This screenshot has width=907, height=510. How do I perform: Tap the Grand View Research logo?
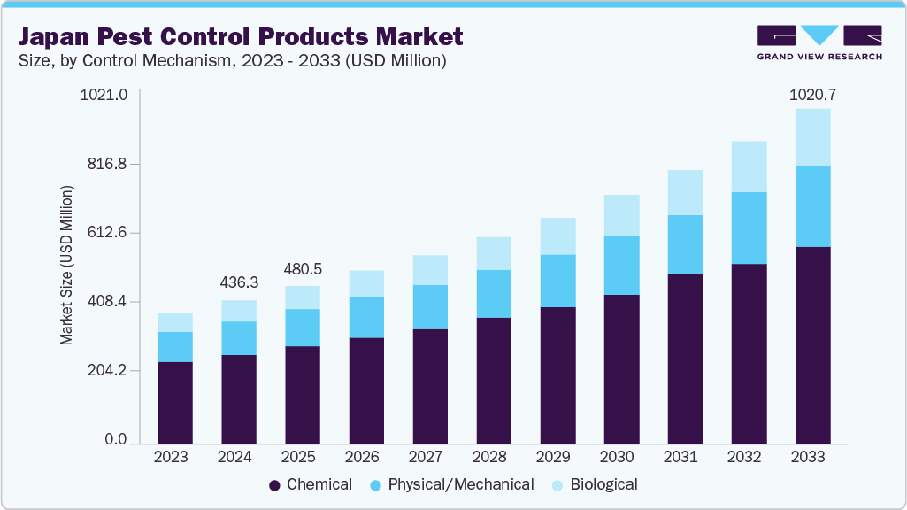819,42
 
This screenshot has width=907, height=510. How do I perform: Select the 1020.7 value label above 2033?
812,94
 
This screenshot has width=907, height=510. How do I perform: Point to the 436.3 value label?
239,282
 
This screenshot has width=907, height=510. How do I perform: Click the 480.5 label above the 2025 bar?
303,269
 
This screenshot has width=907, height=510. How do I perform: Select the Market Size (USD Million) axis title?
66,266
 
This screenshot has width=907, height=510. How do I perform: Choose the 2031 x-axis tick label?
685,458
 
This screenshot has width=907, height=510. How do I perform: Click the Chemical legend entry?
311,484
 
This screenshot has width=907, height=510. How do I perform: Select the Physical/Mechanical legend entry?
451,484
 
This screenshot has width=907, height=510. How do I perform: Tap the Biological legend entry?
594,484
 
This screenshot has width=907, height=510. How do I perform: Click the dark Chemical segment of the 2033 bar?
812,345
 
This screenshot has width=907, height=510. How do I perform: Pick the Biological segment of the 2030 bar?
621,215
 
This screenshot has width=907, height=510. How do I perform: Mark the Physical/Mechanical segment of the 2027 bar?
430,307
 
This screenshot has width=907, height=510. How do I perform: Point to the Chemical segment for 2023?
175,403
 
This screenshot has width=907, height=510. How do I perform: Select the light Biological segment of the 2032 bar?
749,166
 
